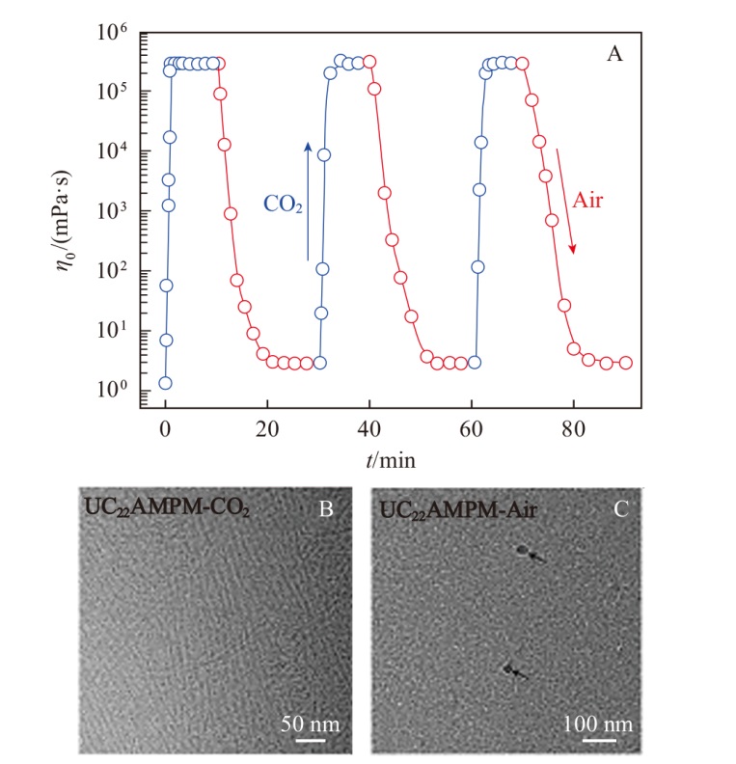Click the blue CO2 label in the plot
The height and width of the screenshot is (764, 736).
(283, 205)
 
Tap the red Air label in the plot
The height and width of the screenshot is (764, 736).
(587, 201)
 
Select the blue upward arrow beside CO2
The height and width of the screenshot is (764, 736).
(308, 202)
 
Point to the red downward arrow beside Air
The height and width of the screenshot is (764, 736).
(565, 202)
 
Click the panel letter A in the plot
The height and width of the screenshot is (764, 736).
(614, 54)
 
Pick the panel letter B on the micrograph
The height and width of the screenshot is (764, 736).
(326, 509)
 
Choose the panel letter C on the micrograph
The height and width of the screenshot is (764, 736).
(620, 509)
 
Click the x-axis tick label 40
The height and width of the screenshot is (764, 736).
(368, 429)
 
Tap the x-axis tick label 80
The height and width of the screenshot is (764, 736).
(573, 429)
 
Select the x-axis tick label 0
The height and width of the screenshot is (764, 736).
(166, 429)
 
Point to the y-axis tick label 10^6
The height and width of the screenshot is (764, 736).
(112, 33)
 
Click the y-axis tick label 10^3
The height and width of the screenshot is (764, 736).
(112, 211)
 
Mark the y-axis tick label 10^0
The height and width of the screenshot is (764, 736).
(112, 390)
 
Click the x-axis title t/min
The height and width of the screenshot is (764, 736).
(391, 460)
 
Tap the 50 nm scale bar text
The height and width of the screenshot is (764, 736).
(311, 724)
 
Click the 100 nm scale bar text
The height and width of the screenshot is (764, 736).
(598, 724)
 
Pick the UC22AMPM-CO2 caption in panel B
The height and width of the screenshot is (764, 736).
(167, 507)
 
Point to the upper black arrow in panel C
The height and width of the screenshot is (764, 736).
(536, 557)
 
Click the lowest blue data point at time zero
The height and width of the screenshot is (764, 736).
(166, 383)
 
